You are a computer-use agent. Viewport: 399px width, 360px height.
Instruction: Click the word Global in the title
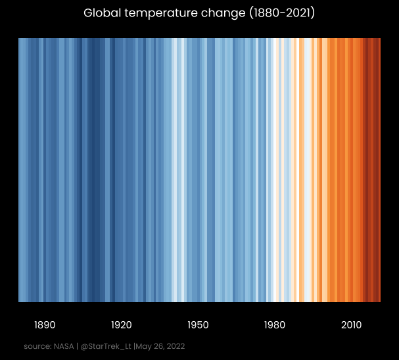point(100,13)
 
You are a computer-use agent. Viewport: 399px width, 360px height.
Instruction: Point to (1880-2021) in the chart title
point(282,13)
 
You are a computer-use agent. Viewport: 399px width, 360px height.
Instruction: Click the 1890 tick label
point(45,325)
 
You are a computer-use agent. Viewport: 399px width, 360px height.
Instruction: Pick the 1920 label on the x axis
point(122,325)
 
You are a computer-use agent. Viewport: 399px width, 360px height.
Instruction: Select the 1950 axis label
point(198,325)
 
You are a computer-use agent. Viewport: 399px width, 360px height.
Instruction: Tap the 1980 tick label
point(275,325)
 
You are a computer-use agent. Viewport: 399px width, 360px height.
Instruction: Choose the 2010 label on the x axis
point(351,325)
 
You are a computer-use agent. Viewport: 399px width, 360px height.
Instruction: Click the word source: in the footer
point(37,346)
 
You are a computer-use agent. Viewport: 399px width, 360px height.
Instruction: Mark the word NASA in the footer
point(64,346)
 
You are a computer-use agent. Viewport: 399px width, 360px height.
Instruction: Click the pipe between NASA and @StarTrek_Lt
point(78,346)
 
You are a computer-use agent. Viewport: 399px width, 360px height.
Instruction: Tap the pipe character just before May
point(135,346)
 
